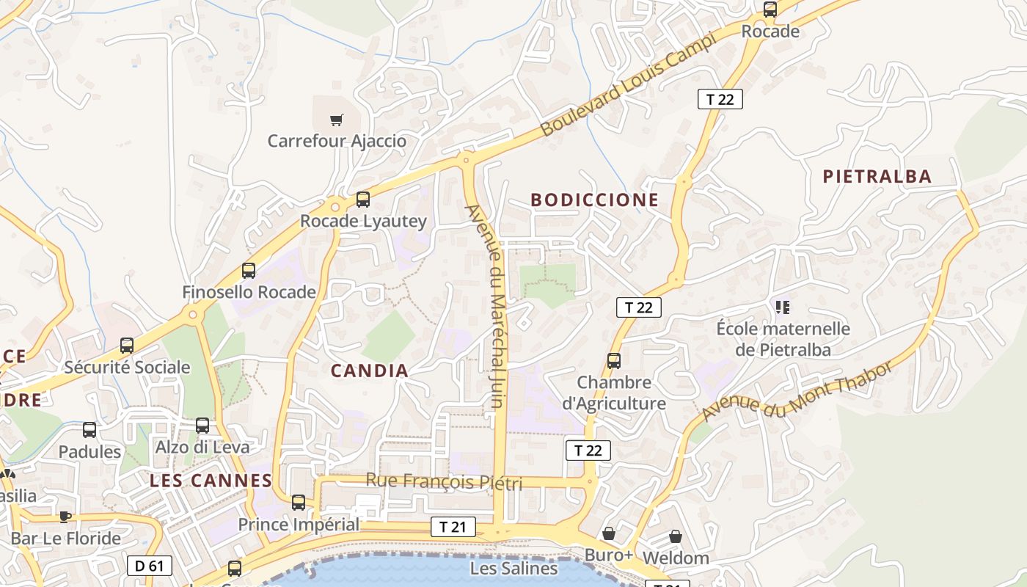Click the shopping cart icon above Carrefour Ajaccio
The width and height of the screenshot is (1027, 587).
click(x=336, y=120)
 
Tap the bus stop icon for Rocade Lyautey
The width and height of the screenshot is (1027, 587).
click(x=362, y=199)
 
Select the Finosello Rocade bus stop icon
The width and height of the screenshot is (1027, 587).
click(x=249, y=271)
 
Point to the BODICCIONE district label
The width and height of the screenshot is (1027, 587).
click(x=594, y=200)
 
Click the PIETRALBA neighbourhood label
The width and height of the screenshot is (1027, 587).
click(x=877, y=176)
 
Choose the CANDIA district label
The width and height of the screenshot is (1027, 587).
click(x=369, y=371)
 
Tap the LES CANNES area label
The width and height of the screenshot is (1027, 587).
click(x=211, y=481)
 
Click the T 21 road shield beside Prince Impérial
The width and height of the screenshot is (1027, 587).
click(x=453, y=526)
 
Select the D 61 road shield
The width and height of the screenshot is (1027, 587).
click(x=150, y=565)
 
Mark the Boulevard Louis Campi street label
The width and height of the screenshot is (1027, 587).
click(x=627, y=86)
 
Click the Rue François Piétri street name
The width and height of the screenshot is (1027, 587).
click(x=444, y=482)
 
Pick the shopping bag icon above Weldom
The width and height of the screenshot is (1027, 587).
click(x=675, y=536)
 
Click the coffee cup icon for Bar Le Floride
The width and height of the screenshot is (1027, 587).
click(x=65, y=517)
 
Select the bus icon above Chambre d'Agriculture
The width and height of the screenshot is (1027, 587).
click(x=613, y=360)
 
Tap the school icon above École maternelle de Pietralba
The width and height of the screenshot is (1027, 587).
click(x=782, y=307)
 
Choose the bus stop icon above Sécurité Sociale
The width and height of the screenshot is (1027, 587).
click(x=127, y=345)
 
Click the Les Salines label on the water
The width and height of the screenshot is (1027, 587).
click(x=513, y=568)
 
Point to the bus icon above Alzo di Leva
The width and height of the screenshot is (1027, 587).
click(x=202, y=425)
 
